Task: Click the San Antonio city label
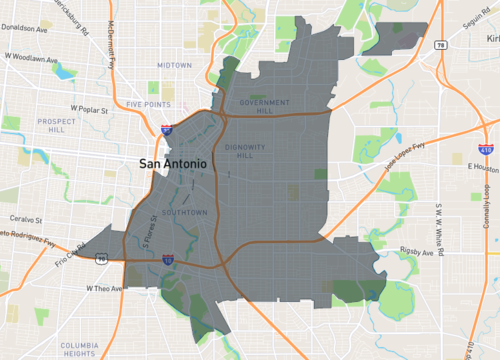pyautogui.click(x=172, y=162)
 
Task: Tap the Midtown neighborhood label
pyautogui.click(x=174, y=65)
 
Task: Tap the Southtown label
pyautogui.click(x=187, y=212)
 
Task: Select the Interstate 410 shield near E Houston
pyautogui.click(x=486, y=151)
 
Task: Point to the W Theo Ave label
pyautogui.click(x=102, y=288)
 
